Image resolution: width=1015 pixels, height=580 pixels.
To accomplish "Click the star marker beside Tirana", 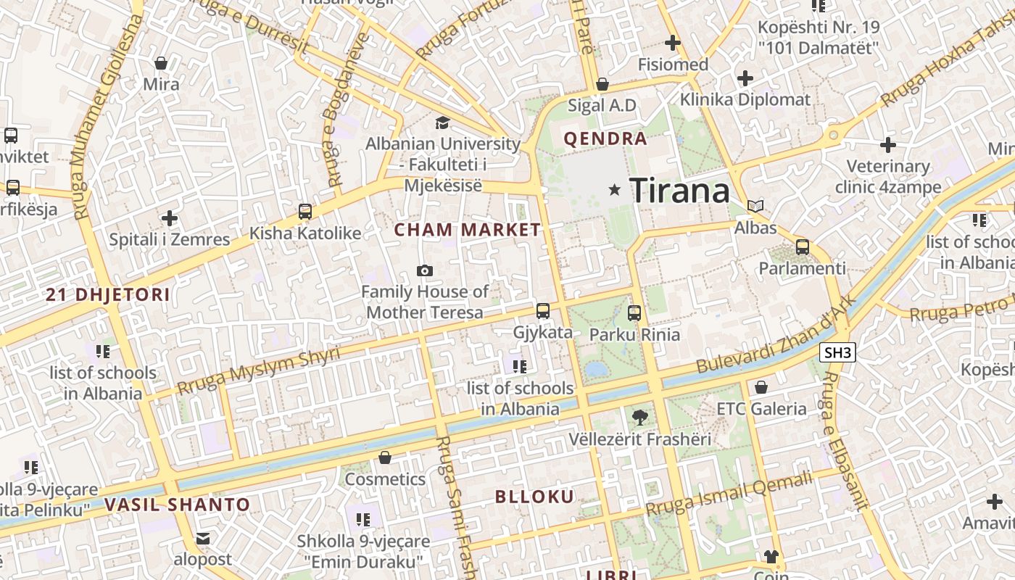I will point(615,190).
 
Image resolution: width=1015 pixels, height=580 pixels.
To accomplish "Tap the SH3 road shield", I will point(838,353).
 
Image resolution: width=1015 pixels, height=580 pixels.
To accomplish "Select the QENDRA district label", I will point(605,139).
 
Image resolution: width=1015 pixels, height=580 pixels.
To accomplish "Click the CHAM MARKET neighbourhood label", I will point(468,231).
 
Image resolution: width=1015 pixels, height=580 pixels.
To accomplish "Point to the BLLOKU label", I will point(534,497).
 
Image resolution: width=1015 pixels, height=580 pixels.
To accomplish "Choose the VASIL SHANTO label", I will point(178,505).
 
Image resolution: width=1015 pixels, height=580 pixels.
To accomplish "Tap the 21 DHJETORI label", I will point(108,295).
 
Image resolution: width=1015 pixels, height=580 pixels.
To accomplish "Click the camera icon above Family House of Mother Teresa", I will point(425,270).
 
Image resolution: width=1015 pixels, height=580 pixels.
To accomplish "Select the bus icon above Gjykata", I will point(543,311).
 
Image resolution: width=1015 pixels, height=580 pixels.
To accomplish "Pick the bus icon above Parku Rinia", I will point(634,313).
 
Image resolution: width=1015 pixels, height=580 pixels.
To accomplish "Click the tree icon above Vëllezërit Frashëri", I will point(639,417).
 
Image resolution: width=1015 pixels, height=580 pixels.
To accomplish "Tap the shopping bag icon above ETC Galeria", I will point(761,387).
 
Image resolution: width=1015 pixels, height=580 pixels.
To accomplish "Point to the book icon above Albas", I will point(755,206).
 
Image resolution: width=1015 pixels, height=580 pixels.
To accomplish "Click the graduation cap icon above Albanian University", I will point(442,123).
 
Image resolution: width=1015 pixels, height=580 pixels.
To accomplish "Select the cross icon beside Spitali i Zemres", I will point(170,217).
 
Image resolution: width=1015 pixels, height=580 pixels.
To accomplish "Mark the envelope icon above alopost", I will point(202,538).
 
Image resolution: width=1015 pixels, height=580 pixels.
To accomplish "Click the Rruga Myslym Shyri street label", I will point(258,370).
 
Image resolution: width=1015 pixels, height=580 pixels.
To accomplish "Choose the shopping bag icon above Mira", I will point(161,63).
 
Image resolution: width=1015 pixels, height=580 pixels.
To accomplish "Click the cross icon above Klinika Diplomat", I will point(745,78).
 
